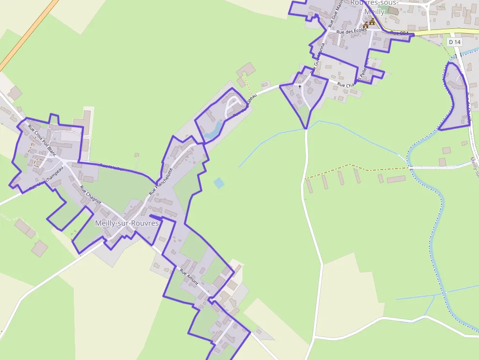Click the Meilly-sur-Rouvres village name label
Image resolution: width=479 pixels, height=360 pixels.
click(x=127, y=223)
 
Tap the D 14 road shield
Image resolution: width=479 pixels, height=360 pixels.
click(x=455, y=42)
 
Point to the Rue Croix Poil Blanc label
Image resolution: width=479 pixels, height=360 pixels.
click(x=43, y=141)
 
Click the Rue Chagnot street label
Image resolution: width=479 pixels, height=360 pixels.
click(x=90, y=195)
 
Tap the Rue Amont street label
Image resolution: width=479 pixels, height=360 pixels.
click(x=188, y=277)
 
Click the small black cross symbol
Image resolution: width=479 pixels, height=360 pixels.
click(x=300, y=87)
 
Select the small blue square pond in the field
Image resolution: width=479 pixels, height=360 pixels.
click(x=219, y=183)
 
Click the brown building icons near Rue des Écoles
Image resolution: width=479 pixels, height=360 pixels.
click(x=369, y=23)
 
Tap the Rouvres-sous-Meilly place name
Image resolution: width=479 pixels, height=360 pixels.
click(x=374, y=6)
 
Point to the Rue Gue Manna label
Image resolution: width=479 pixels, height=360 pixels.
click(x=336, y=15)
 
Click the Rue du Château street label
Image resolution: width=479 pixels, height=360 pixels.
click(x=244, y=106)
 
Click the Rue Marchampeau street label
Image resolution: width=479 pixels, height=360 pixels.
click(x=46, y=178)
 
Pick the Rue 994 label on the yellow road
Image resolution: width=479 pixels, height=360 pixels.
click(x=398, y=33)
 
